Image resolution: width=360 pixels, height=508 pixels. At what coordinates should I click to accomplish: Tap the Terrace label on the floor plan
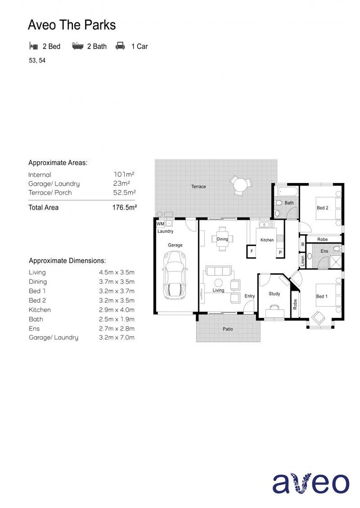click(x=199, y=187)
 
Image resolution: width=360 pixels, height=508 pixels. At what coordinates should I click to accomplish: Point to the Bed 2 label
click(x=322, y=207)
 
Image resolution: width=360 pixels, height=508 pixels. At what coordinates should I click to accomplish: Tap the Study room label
click(x=274, y=294)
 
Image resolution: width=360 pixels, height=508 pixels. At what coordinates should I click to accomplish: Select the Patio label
click(x=228, y=329)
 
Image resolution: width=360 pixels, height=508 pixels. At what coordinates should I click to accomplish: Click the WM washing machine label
click(x=160, y=224)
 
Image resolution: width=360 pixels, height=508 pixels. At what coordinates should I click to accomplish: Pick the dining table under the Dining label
click(x=222, y=239)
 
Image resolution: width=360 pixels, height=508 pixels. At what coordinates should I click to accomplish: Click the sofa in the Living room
click(x=219, y=271)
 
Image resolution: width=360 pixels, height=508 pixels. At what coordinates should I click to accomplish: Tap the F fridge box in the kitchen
click(x=252, y=252)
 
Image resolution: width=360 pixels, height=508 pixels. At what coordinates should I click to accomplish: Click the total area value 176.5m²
click(x=124, y=207)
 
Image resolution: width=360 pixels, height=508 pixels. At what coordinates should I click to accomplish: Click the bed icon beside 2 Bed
click(x=33, y=46)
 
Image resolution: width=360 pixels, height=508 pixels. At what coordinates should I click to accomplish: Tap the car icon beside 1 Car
click(x=120, y=46)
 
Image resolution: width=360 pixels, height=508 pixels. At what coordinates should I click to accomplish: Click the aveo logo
click(x=311, y=483)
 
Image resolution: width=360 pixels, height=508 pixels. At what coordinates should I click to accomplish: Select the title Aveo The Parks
click(x=72, y=24)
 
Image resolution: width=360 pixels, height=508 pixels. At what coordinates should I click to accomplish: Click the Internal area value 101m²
click(x=122, y=175)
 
